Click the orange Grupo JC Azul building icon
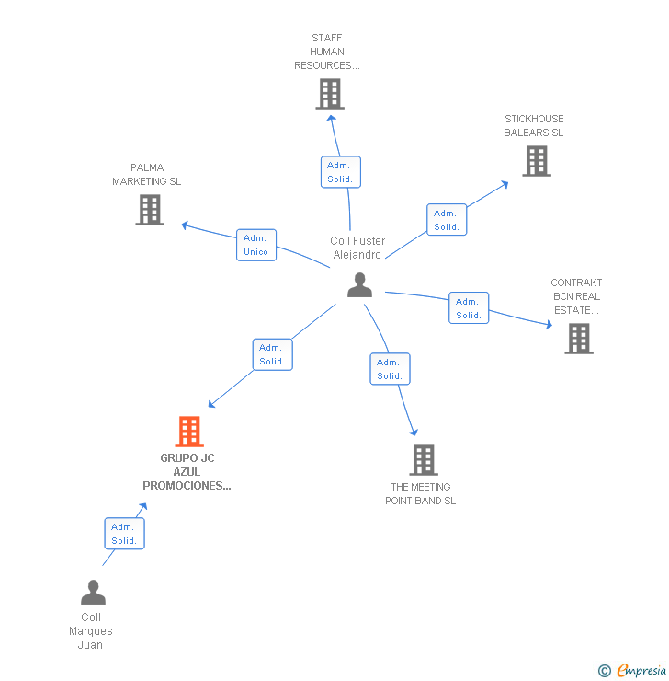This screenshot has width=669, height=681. pyautogui.click(x=189, y=431)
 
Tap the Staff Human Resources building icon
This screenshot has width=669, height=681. pyautogui.click(x=330, y=94)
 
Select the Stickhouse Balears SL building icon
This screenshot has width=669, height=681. pyautogui.click(x=537, y=161)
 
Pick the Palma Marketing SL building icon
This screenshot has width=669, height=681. pyautogui.click(x=150, y=210)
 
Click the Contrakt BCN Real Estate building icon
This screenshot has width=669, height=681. pyautogui.click(x=579, y=339)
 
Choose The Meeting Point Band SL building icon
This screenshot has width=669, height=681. pyautogui.click(x=423, y=459)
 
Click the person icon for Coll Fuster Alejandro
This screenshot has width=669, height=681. pyautogui.click(x=359, y=285)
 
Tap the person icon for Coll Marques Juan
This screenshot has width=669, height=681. pyautogui.click(x=93, y=592)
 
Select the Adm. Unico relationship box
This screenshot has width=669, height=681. pyautogui.click(x=255, y=245)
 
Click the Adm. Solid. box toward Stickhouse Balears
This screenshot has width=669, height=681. pyautogui.click(x=447, y=220)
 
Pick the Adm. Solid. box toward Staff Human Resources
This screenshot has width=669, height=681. pyautogui.click(x=340, y=172)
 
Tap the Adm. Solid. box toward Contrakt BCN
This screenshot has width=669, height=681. pyautogui.click(x=469, y=308)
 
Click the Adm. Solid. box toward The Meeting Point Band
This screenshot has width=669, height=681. pyautogui.click(x=390, y=369)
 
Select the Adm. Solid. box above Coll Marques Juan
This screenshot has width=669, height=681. pyautogui.click(x=124, y=534)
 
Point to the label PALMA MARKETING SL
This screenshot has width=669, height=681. pyautogui.click(x=147, y=175)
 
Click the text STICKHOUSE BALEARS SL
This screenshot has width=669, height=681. pyautogui.click(x=534, y=126)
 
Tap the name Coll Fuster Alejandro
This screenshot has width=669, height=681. pyautogui.click(x=357, y=248)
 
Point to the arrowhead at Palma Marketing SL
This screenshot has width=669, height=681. pyautogui.click(x=184, y=224)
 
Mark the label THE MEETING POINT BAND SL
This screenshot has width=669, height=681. pyautogui.click(x=421, y=494)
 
